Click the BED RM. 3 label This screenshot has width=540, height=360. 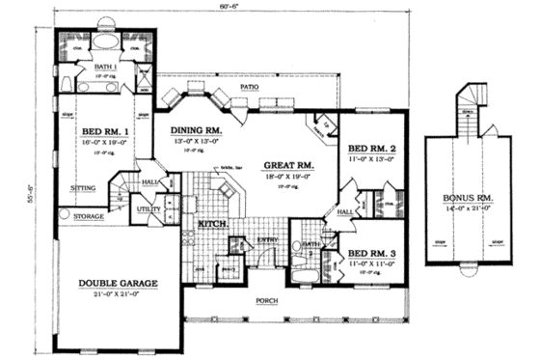click(371, 252)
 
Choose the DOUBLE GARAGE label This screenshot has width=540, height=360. click(118, 283)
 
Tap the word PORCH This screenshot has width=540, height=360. click(268, 300)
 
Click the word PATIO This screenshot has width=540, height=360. click(250, 88)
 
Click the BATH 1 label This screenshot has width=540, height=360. click(105, 67)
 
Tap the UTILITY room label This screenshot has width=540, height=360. click(148, 208)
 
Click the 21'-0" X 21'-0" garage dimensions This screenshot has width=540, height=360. click(118, 293)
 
